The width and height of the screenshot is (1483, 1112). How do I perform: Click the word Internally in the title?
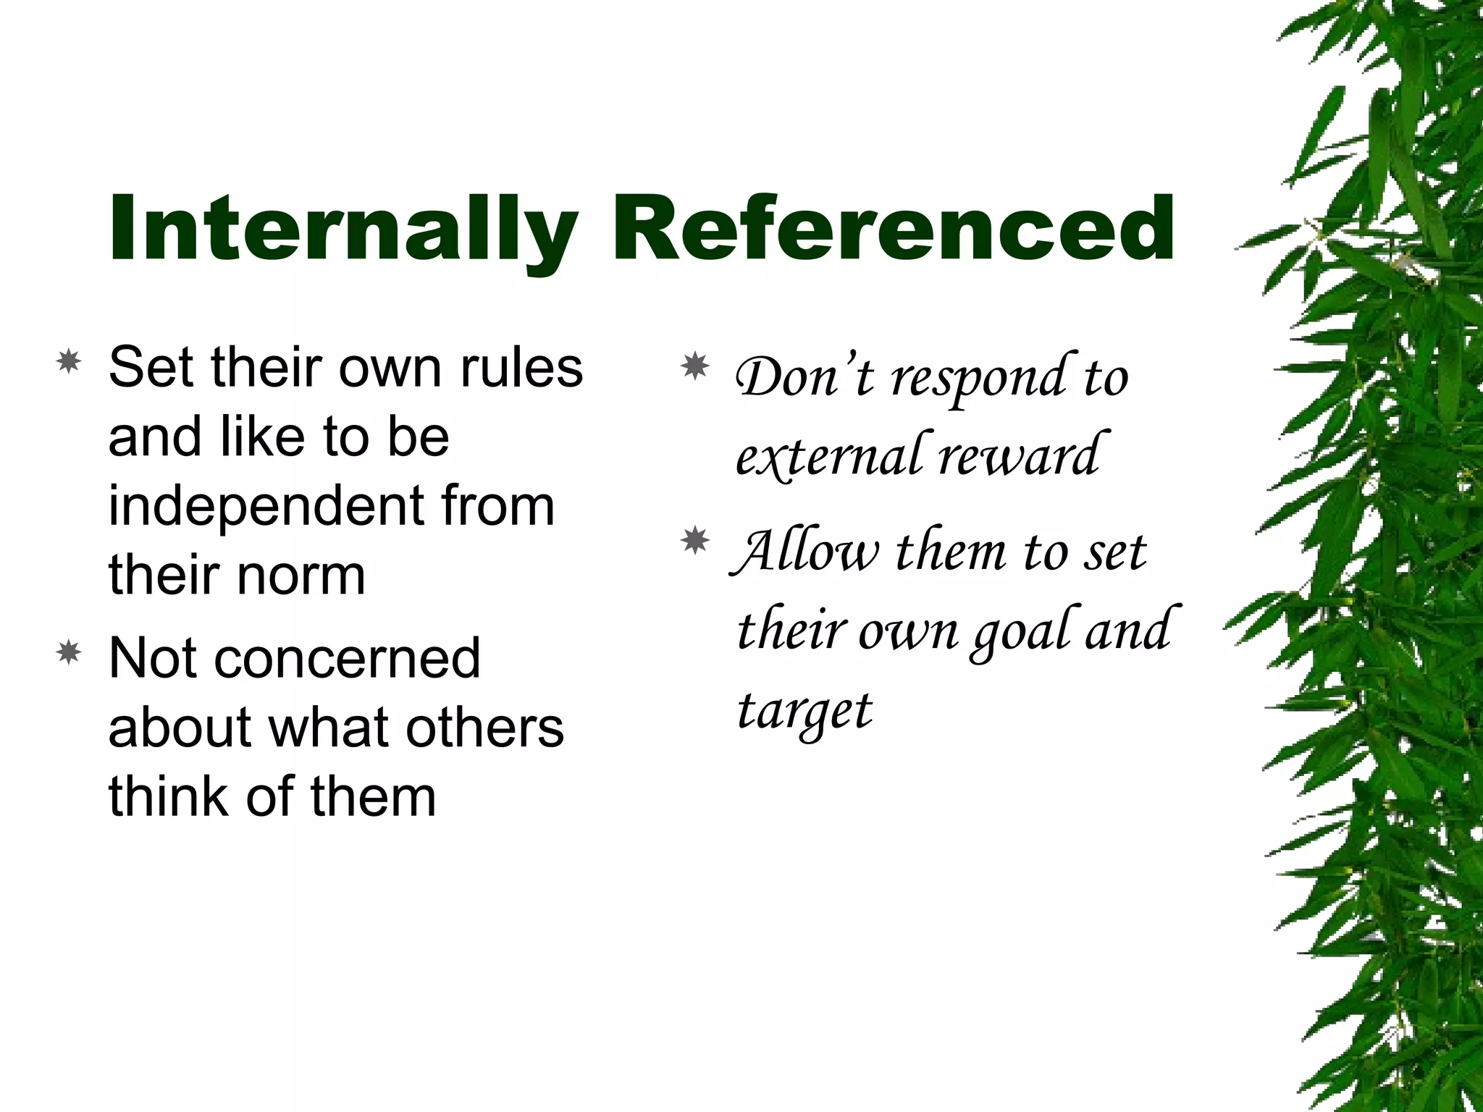coord(343,230)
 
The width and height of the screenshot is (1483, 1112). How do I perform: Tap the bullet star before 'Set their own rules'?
coord(69,361)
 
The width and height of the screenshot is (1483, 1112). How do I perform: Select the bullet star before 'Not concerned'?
coord(69,653)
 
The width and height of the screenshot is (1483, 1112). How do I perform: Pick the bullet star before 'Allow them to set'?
coord(696,541)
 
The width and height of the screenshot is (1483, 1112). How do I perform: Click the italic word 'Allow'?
coord(807,552)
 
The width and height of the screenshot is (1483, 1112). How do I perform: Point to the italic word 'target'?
coord(804,711)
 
